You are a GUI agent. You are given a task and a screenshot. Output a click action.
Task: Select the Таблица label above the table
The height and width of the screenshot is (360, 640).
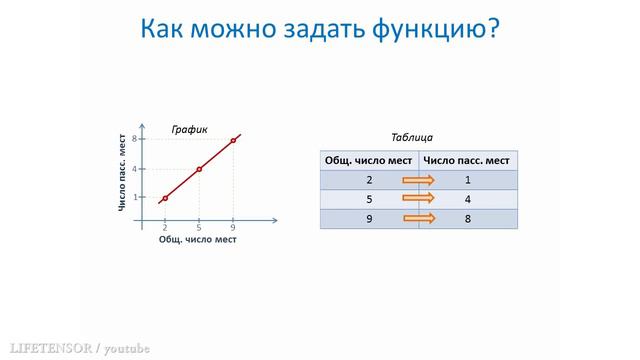411,137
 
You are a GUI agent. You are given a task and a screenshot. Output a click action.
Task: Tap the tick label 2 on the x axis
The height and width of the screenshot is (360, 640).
165,228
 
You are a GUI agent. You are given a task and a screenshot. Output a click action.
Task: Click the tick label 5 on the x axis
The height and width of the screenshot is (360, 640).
199,228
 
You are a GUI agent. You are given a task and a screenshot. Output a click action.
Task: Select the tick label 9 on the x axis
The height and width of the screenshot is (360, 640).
233,228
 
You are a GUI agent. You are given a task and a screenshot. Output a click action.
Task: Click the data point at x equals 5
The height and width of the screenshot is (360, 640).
199,169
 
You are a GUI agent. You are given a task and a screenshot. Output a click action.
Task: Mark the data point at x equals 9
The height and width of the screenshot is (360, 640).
233,140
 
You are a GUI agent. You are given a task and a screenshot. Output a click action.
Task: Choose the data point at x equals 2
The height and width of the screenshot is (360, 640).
165,198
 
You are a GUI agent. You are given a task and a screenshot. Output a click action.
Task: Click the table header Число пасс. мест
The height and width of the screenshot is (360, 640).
467,160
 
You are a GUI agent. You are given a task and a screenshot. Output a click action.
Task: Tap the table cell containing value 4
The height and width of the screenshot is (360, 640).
467,199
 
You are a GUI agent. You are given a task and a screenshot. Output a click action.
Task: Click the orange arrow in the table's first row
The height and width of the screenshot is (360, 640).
419,180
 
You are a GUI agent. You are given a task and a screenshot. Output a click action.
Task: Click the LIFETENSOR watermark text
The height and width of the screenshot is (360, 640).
46,348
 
